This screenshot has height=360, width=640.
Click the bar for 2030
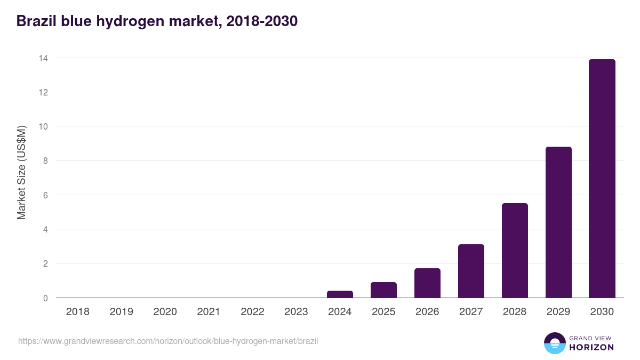pyautogui.click(x=602, y=179)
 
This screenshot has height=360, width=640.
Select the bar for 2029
pyautogui.click(x=558, y=222)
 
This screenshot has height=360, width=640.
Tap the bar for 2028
pyautogui.click(x=514, y=251)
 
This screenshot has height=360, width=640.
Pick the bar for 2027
pyautogui.click(x=470, y=271)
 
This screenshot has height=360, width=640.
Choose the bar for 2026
pyautogui.click(x=427, y=283)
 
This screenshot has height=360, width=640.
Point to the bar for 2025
pyautogui.click(x=383, y=290)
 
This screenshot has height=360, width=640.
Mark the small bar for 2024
pyautogui.click(x=340, y=294)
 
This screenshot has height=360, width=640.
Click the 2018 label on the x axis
pyautogui.click(x=77, y=312)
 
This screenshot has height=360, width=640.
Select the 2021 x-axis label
pyautogui.click(x=209, y=312)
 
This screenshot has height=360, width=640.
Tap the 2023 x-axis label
pyautogui.click(x=296, y=312)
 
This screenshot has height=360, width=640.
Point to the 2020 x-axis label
pyautogui.click(x=165, y=312)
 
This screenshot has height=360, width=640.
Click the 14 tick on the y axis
pyautogui.click(x=43, y=58)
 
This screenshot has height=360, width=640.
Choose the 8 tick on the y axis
pyautogui.click(x=45, y=161)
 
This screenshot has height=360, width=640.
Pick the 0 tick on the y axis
pyautogui.click(x=45, y=298)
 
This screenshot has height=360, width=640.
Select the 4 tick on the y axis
pyautogui.click(x=45, y=229)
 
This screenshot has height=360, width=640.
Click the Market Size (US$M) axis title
pyautogui.click(x=21, y=173)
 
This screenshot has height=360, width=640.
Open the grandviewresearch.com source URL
pyautogui.click(x=168, y=341)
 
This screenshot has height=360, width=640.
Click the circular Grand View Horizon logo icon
pyautogui.click(x=554, y=343)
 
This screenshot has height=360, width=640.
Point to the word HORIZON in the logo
pyautogui.click(x=591, y=347)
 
